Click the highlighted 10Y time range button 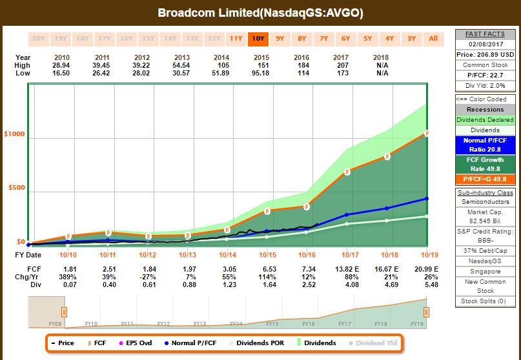(258, 38)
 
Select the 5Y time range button (367, 38)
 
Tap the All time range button (433, 38)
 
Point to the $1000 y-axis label (15, 134)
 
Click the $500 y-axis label (16, 188)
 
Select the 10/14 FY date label (227, 255)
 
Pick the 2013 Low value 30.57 (183, 74)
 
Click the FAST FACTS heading (485, 34)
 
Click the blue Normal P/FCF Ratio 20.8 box (485, 144)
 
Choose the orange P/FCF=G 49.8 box (485, 179)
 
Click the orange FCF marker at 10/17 (347, 172)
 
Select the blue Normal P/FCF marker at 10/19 (427, 199)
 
